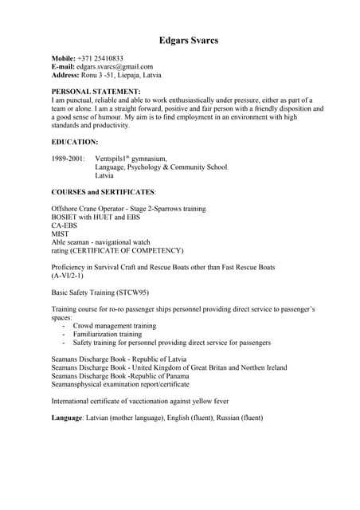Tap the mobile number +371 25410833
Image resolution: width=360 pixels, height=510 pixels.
pos(100,59)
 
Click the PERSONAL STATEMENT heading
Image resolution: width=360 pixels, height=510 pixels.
pos(96,92)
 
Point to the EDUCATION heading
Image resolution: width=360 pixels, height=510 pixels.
pos(75,142)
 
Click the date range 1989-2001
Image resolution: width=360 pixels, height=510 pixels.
pos(68,159)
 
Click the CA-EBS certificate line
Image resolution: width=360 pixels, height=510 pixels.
pos(65,226)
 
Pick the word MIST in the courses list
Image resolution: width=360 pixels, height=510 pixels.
pos(60,233)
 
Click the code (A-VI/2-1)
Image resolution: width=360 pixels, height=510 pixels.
pos(68,276)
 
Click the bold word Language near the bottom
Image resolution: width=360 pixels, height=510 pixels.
pos(67,418)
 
